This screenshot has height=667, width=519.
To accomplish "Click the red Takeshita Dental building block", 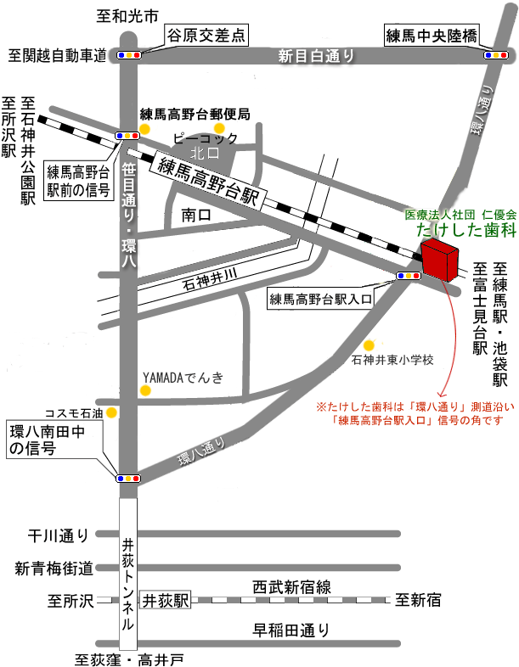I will coord(439,261).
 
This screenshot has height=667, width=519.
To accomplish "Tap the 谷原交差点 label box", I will coord(206,35).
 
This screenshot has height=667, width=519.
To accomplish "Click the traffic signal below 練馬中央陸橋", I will coord(495,55).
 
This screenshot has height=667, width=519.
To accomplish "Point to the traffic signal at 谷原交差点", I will coord(130,55).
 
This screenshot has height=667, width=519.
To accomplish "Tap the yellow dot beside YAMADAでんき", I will coord(145,391).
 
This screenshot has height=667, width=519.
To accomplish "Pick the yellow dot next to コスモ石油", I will coord(111,412).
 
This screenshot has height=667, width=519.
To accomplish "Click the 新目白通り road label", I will coord(315,57).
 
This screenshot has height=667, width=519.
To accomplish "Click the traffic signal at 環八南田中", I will coord(128,479).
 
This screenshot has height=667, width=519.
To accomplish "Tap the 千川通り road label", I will coord(58,535).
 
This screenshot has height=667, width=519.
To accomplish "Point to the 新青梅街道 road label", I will coord(53,569).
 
